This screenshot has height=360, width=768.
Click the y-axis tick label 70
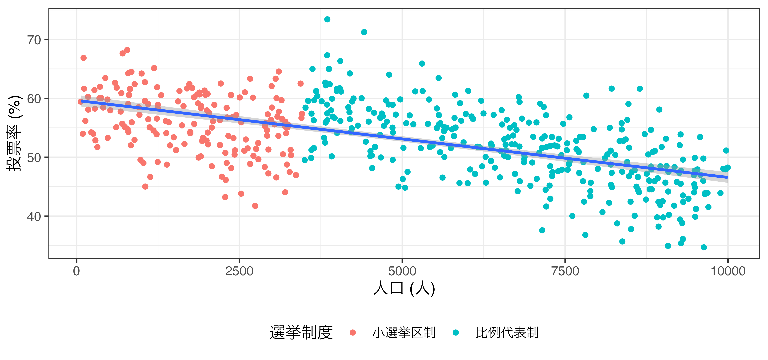(x=34, y=40)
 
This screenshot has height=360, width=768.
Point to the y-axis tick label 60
(x=34, y=99)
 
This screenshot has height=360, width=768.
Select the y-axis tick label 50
(x=34, y=158)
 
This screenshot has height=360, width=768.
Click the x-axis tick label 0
(x=77, y=271)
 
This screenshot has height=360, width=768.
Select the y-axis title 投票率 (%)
(x=14, y=133)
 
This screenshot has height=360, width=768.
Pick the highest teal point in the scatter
(x=327, y=19)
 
